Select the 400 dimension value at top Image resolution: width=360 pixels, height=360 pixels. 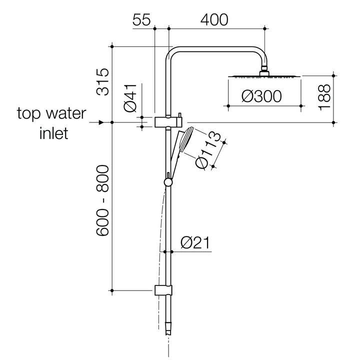214,20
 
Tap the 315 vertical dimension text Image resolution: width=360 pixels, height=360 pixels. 103,81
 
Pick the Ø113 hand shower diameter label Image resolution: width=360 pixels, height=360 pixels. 208,151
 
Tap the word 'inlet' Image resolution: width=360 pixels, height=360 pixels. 53,134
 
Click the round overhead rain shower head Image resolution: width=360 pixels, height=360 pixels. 264,76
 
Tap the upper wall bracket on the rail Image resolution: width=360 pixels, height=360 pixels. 168,121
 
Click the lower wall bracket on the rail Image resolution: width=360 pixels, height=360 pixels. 163,290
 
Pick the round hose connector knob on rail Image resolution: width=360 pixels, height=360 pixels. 168,182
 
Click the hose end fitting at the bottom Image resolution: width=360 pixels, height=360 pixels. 168,330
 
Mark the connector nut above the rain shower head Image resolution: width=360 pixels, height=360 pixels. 264,70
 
